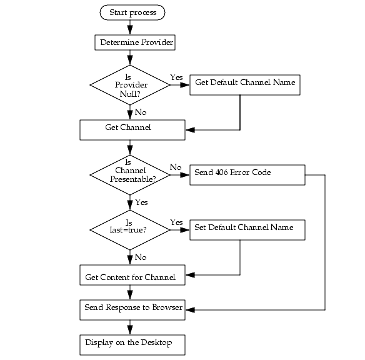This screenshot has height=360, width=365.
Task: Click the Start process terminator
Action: click(132, 12)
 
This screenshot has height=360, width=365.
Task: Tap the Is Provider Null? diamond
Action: click(130, 86)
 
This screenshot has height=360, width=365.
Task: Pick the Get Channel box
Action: click(132, 129)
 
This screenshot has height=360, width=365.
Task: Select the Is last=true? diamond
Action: click(130, 229)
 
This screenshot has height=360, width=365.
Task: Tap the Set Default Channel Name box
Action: click(247, 229)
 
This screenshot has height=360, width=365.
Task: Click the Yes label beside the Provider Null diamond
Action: click(176, 77)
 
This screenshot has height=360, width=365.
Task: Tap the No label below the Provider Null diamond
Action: click(141, 112)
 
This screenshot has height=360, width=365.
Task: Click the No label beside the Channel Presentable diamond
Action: click(176, 167)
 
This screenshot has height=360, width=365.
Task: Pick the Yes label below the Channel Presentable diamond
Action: click(141, 202)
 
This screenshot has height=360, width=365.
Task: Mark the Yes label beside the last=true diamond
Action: click(176, 222)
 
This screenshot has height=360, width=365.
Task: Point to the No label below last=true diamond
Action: click(141, 257)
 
